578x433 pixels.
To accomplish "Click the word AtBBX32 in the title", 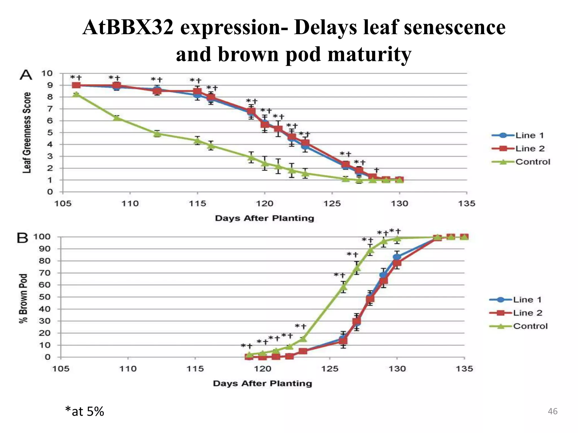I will (x=128, y=28).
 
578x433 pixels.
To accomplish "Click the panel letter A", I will (x=26, y=75).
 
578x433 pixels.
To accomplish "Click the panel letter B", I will (x=23, y=238).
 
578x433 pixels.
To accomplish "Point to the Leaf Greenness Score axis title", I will (x=27, y=132).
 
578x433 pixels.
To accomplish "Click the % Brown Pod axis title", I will (x=24, y=298).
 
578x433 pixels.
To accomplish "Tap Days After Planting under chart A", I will (x=264, y=218).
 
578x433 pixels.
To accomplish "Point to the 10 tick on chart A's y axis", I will (x=47, y=74).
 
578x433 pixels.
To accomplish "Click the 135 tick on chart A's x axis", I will (x=467, y=204).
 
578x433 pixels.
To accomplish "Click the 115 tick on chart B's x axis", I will (x=195, y=369).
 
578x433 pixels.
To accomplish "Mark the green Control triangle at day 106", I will (x=76, y=94).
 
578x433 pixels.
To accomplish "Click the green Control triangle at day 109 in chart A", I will (x=117, y=118).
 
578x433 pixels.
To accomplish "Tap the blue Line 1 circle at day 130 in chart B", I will (x=397, y=257).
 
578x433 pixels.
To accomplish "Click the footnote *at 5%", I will (x=84, y=412).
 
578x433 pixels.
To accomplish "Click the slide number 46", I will (x=552, y=412).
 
